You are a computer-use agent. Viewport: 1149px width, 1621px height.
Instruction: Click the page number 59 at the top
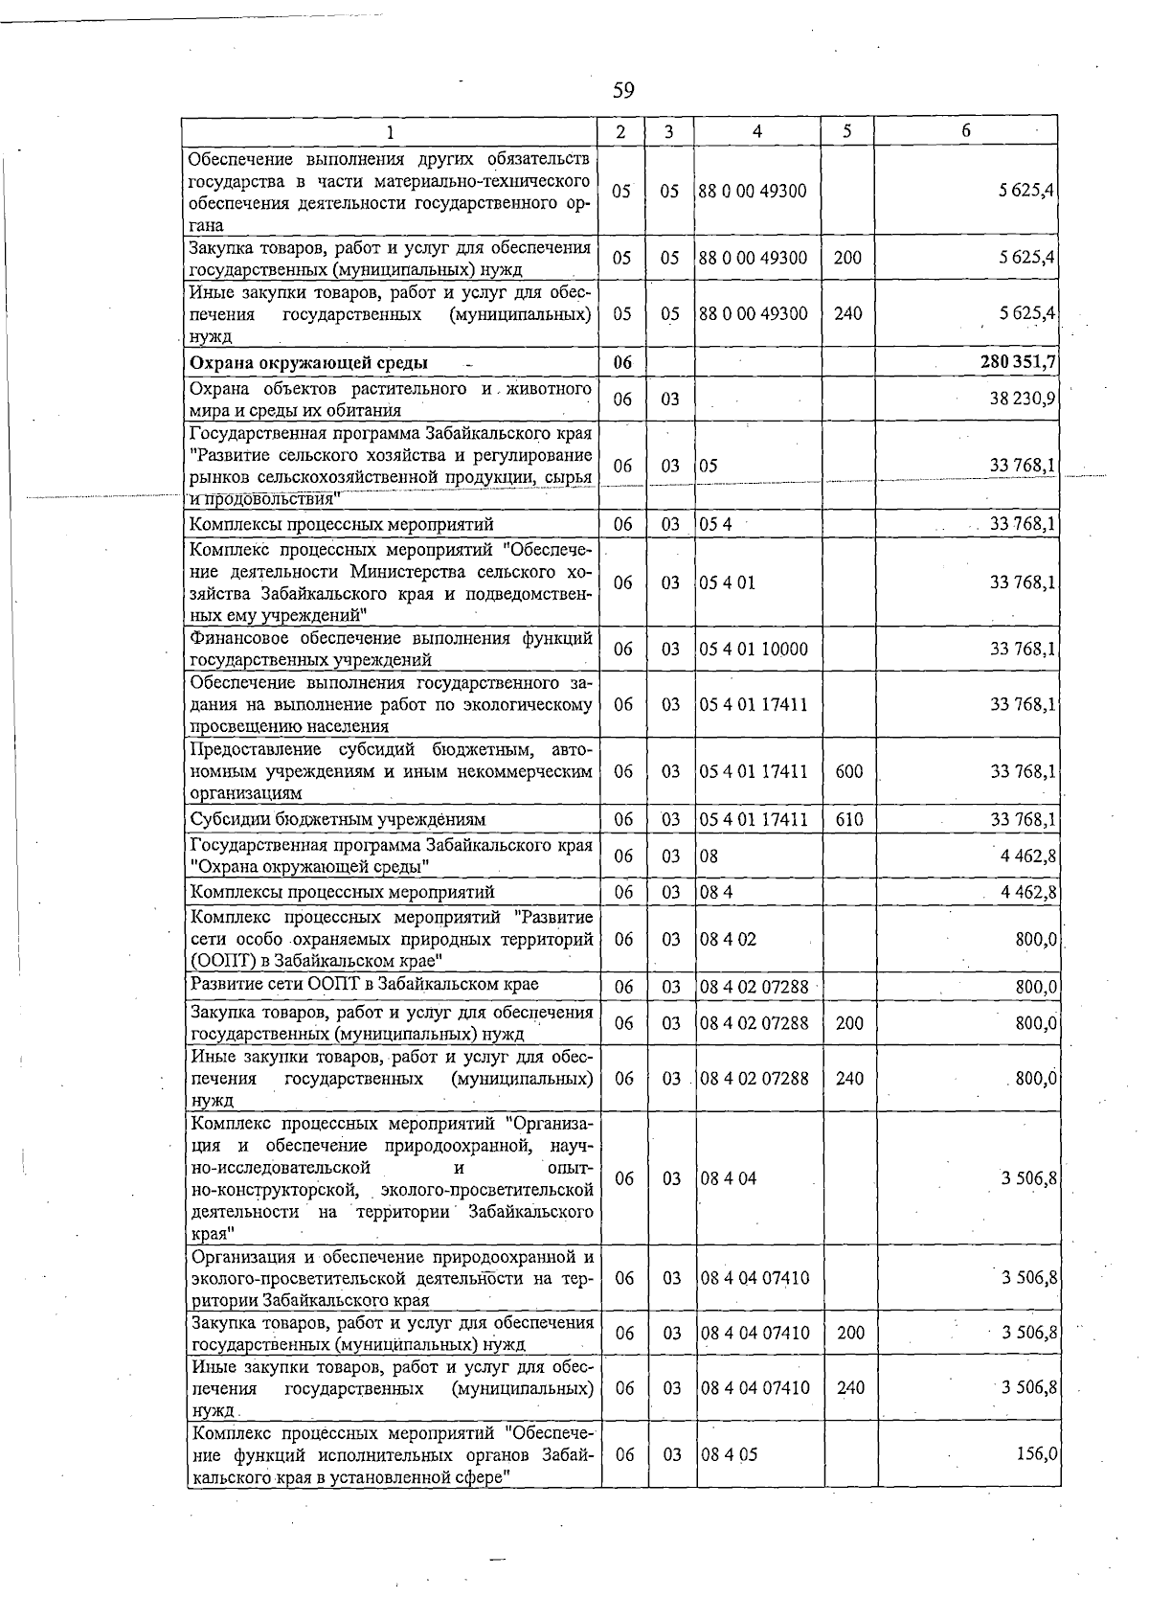(623, 91)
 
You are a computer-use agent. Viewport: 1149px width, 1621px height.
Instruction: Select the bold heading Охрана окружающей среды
(308, 363)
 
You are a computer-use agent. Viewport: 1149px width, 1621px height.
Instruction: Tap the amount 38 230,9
(1023, 399)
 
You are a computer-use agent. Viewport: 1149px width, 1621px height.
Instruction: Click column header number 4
(756, 132)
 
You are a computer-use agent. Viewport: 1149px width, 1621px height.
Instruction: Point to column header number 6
(965, 131)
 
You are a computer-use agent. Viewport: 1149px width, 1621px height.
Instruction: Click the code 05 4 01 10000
(754, 650)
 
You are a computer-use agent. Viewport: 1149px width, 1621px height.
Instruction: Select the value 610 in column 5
(848, 820)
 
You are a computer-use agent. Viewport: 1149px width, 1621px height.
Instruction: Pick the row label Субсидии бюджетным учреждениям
(338, 820)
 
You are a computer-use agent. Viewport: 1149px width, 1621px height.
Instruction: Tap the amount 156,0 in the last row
(1036, 1454)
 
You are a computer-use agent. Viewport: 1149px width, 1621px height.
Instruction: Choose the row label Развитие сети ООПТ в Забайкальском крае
(365, 985)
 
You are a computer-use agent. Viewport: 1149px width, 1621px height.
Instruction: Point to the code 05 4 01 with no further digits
(727, 582)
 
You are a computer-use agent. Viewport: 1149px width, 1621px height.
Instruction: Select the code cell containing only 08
(709, 856)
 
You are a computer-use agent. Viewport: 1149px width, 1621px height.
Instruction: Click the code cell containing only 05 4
(715, 525)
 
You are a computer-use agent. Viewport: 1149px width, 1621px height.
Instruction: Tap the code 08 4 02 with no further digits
(728, 940)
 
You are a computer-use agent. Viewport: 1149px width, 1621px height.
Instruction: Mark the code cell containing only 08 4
(716, 893)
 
